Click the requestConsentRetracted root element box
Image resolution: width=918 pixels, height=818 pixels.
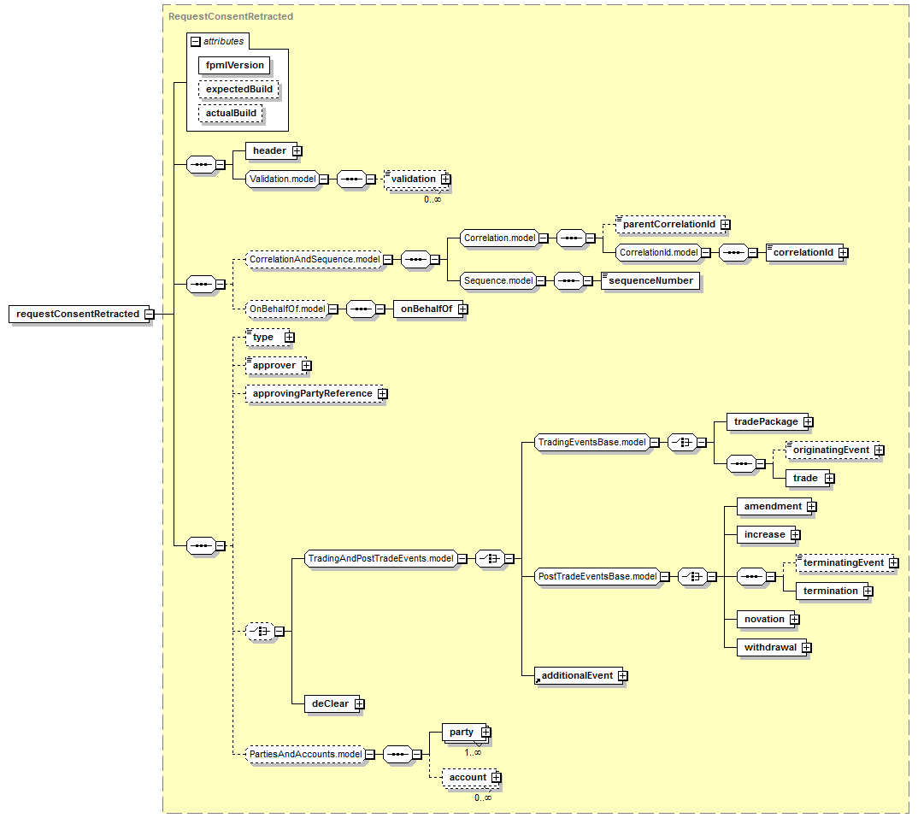(81, 314)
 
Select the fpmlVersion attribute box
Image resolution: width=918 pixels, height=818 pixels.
(234, 65)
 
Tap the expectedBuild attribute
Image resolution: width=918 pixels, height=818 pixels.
(238, 89)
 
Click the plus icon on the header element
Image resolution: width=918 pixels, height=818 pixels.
(297, 151)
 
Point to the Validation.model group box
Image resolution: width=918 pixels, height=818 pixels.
(283, 179)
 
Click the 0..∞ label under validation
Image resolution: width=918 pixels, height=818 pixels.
(433, 200)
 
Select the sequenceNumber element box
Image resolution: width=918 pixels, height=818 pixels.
(650, 280)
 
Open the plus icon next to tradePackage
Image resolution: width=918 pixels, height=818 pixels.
(809, 421)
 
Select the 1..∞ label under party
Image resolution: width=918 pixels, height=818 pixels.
(473, 753)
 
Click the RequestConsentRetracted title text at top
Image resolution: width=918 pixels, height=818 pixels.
(231, 16)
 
